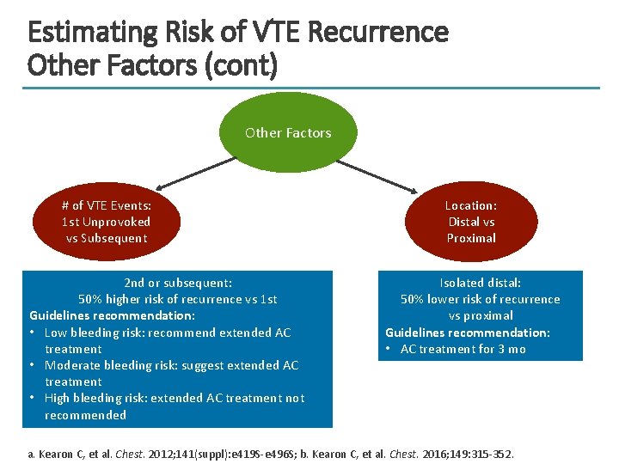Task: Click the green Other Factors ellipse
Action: point(288,133)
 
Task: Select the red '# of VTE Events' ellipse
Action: point(107,222)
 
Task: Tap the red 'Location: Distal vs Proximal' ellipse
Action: point(470,222)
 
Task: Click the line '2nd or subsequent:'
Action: point(178,283)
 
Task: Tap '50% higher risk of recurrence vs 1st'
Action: point(178,299)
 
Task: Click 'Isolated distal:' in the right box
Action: point(480,283)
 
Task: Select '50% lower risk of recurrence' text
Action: point(480,299)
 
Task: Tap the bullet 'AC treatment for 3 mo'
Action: point(463,349)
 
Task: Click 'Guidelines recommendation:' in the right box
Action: point(467,333)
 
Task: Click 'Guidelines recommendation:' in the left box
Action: point(112,315)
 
